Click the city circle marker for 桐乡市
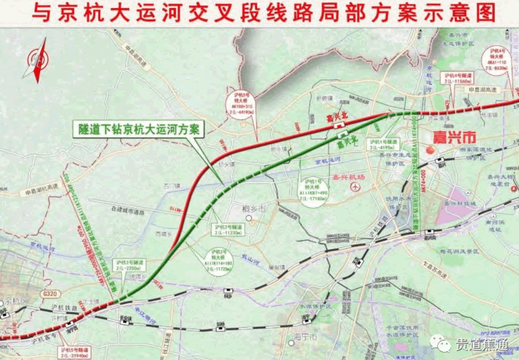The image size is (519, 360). [248, 218]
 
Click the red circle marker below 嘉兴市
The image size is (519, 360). [430, 150]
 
